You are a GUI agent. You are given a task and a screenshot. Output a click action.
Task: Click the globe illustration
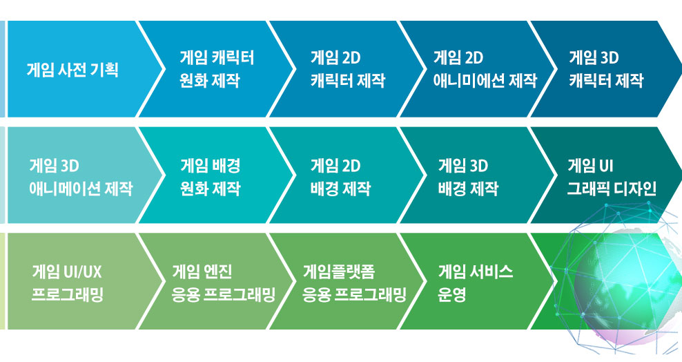point(626,283)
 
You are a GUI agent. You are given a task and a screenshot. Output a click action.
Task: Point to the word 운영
point(452,294)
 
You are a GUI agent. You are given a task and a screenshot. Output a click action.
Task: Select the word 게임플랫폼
point(339,272)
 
